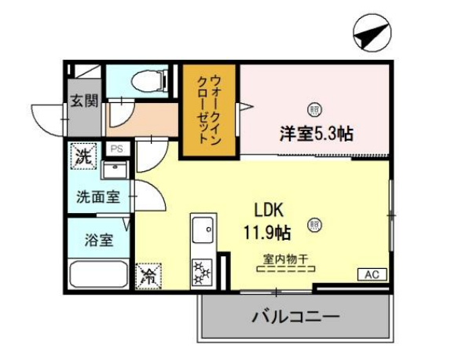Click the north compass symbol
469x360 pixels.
click(x=372, y=32)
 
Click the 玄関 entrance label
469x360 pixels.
click(x=84, y=101)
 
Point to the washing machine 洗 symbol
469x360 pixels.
click(x=83, y=156)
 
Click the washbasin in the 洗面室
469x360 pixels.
click(x=115, y=170)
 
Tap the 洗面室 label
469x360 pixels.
click(x=98, y=197)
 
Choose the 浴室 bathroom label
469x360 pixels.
click(x=99, y=240)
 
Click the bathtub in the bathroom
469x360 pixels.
click(x=98, y=274)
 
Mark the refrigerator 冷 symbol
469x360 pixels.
click(x=148, y=277)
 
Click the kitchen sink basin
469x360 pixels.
click(x=203, y=230)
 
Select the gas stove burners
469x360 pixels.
click(x=202, y=272)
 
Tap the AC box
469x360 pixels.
click(x=372, y=274)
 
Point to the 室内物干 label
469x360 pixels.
click(x=286, y=259)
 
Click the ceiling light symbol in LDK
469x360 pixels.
click(x=314, y=225)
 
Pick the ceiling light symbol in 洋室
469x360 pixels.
click(x=314, y=109)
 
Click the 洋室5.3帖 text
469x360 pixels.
click(x=317, y=134)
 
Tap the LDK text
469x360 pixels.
click(x=269, y=210)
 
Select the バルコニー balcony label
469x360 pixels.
click(x=296, y=317)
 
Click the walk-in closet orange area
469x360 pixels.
click(x=210, y=110)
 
